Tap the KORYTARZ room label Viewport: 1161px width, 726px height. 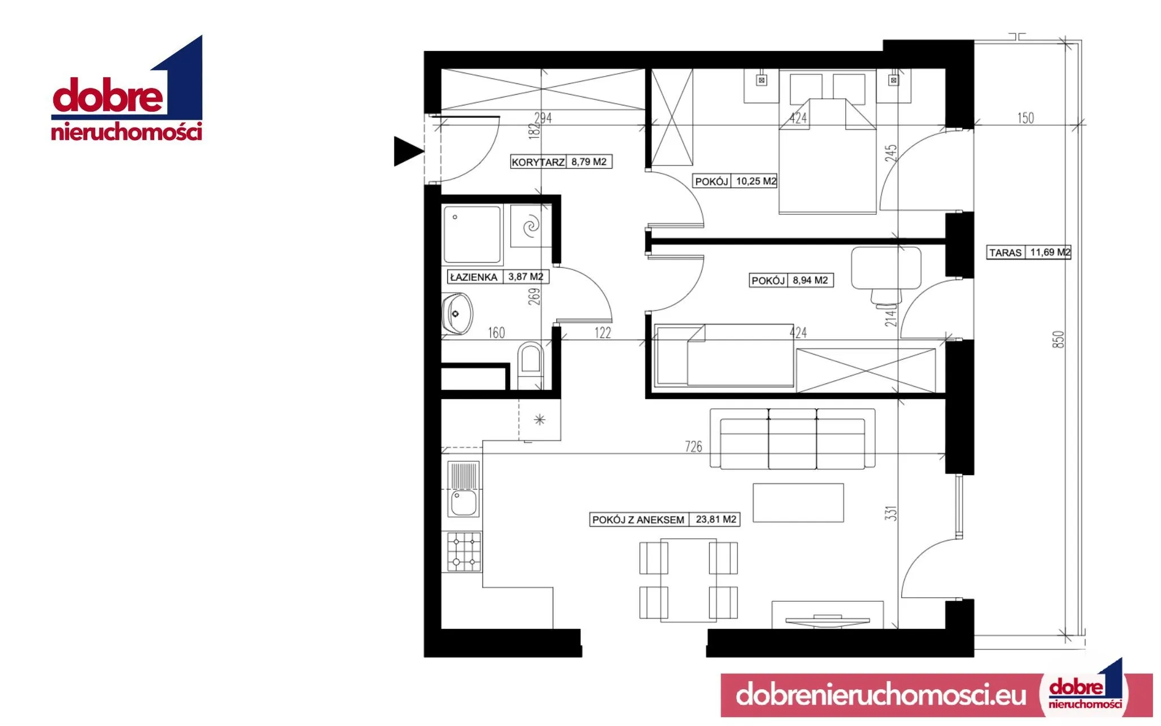click(x=538, y=162)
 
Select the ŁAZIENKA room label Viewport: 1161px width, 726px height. click(x=473, y=277)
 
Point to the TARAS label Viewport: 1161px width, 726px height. click(x=1006, y=253)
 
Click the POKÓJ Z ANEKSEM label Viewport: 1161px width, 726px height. click(x=638, y=520)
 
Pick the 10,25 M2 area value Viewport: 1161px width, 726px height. click(x=756, y=181)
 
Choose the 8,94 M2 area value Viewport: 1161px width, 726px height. click(x=810, y=280)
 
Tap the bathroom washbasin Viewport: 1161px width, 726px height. click(x=457, y=314)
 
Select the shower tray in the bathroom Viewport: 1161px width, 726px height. click(x=472, y=235)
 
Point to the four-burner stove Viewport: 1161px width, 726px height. click(x=464, y=551)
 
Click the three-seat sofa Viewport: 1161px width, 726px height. click(x=793, y=439)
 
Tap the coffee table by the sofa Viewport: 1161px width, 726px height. click(x=798, y=503)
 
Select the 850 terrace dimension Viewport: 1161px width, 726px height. click(x=1058, y=339)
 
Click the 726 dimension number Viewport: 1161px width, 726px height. click(x=693, y=447)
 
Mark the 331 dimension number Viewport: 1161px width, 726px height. click(x=891, y=513)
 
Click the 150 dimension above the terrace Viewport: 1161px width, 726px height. click(x=1026, y=118)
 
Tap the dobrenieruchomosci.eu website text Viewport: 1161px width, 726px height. click(x=881, y=694)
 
